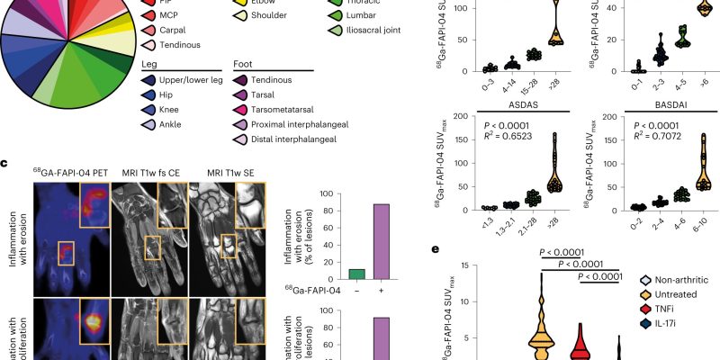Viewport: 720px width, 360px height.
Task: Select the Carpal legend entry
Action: pos(178,31)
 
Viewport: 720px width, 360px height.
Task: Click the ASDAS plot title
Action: pos(500,104)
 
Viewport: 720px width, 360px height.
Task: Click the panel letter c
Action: pos(5,163)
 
